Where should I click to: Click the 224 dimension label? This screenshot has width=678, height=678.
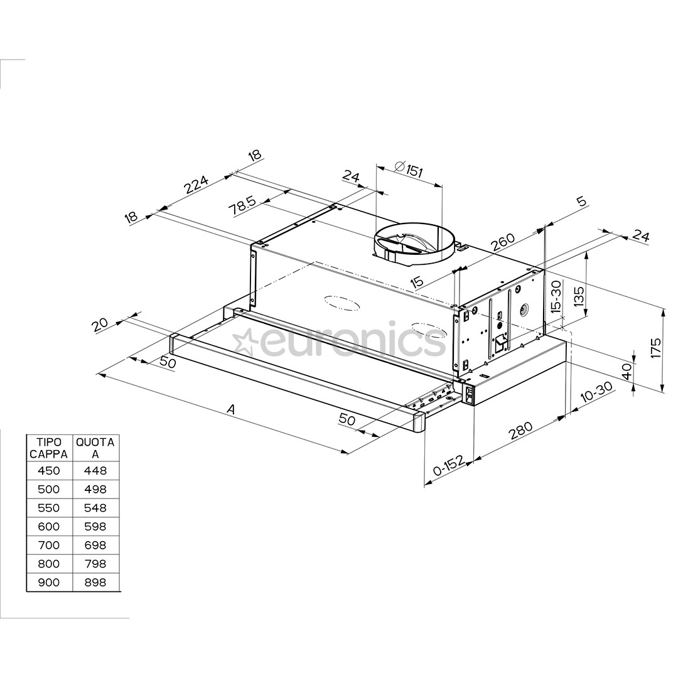pyautogui.click(x=195, y=184)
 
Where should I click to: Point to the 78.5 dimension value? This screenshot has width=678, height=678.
pyautogui.click(x=242, y=206)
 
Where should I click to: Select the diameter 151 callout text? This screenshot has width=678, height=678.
pyautogui.click(x=409, y=169)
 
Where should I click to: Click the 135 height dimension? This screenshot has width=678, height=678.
pyautogui.click(x=578, y=295)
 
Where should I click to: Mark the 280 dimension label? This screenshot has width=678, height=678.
pyautogui.click(x=520, y=431)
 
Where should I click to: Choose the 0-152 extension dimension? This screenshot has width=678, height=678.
pyautogui.click(x=448, y=468)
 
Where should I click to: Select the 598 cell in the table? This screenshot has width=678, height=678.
pyautogui.click(x=95, y=527)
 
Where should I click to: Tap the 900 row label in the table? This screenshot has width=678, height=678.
pyautogui.click(x=48, y=583)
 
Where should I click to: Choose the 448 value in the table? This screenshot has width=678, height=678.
pyautogui.click(x=95, y=471)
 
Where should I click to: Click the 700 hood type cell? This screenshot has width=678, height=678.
pyautogui.click(x=48, y=546)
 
